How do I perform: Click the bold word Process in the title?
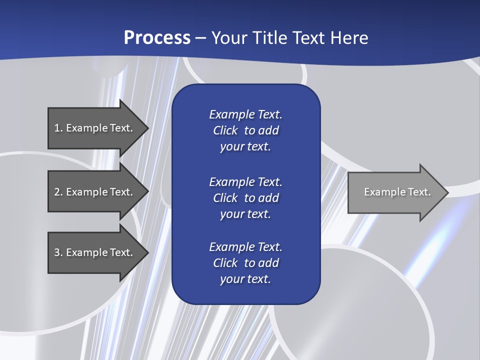click(157, 38)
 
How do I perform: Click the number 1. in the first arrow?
click(58, 128)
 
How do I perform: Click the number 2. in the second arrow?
click(58, 192)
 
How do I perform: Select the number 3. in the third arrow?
click(58, 252)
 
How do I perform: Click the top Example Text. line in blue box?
click(245, 114)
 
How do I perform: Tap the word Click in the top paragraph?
click(225, 130)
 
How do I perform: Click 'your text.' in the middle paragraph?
click(245, 214)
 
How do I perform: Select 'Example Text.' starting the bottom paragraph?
click(245, 247)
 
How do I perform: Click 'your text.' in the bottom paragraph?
click(245, 279)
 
